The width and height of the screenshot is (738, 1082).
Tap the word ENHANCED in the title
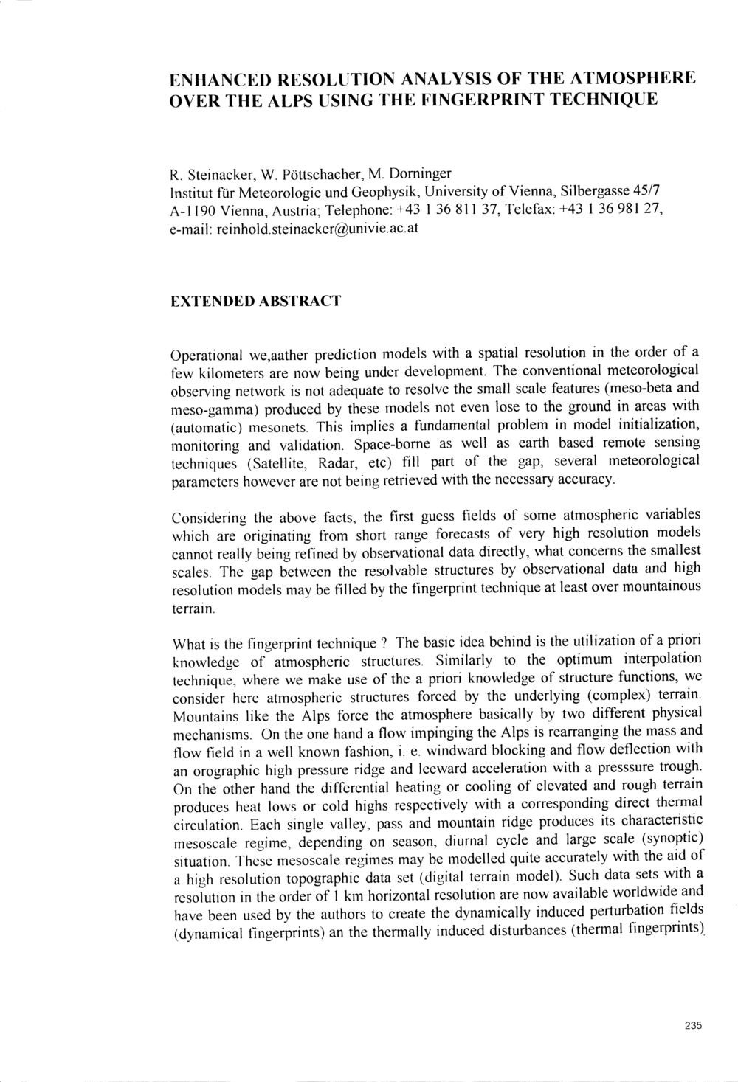219,78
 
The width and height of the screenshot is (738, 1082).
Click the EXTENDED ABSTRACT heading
255,302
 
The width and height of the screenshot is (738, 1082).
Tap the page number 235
693,1024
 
